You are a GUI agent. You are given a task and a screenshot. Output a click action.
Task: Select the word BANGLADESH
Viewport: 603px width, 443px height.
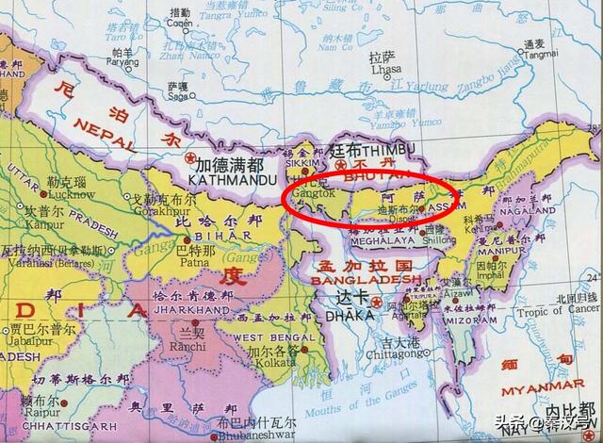pyautogui.click(x=365, y=280)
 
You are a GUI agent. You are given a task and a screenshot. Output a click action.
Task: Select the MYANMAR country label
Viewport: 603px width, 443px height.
pyautogui.click(x=558, y=389)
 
